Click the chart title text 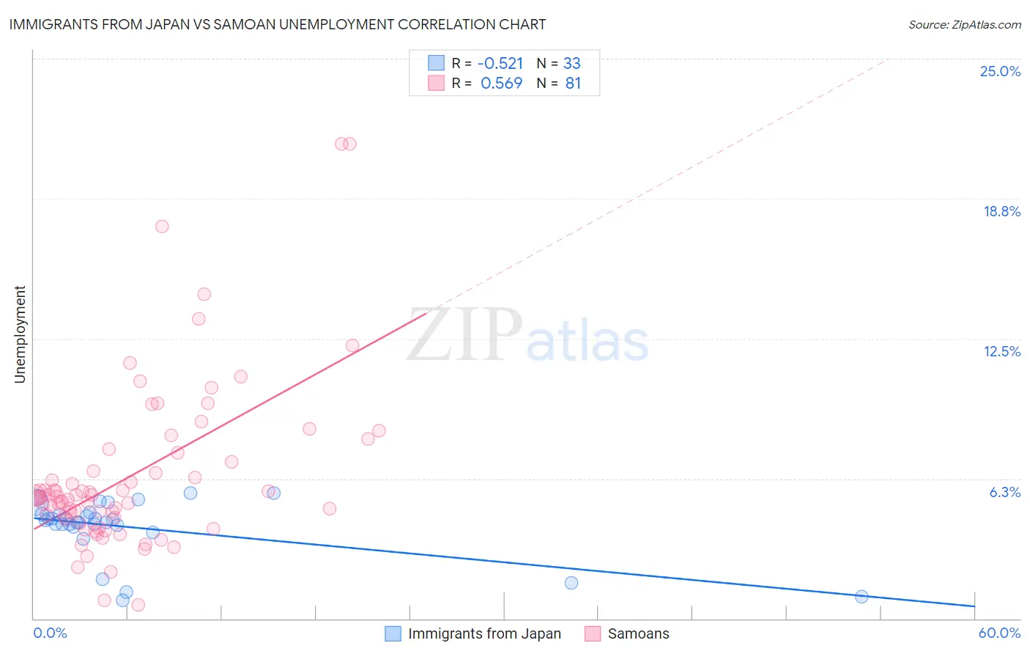[277, 24]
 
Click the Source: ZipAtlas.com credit [964, 24]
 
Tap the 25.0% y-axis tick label [1000, 71]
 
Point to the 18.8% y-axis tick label [1001, 211]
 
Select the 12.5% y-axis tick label [1001, 351]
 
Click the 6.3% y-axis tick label [1004, 492]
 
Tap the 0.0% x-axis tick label [50, 633]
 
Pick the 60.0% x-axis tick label [998, 633]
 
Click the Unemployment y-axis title [20, 334]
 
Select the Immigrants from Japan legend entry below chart [473, 633]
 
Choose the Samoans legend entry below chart [627, 633]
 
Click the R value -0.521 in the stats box [501, 63]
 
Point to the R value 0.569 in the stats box [501, 83]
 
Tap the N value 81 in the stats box [573, 83]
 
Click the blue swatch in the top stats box [436, 63]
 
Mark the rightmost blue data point [862, 596]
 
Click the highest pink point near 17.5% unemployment [162, 226]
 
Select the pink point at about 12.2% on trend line [352, 345]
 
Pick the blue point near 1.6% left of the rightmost [571, 583]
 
